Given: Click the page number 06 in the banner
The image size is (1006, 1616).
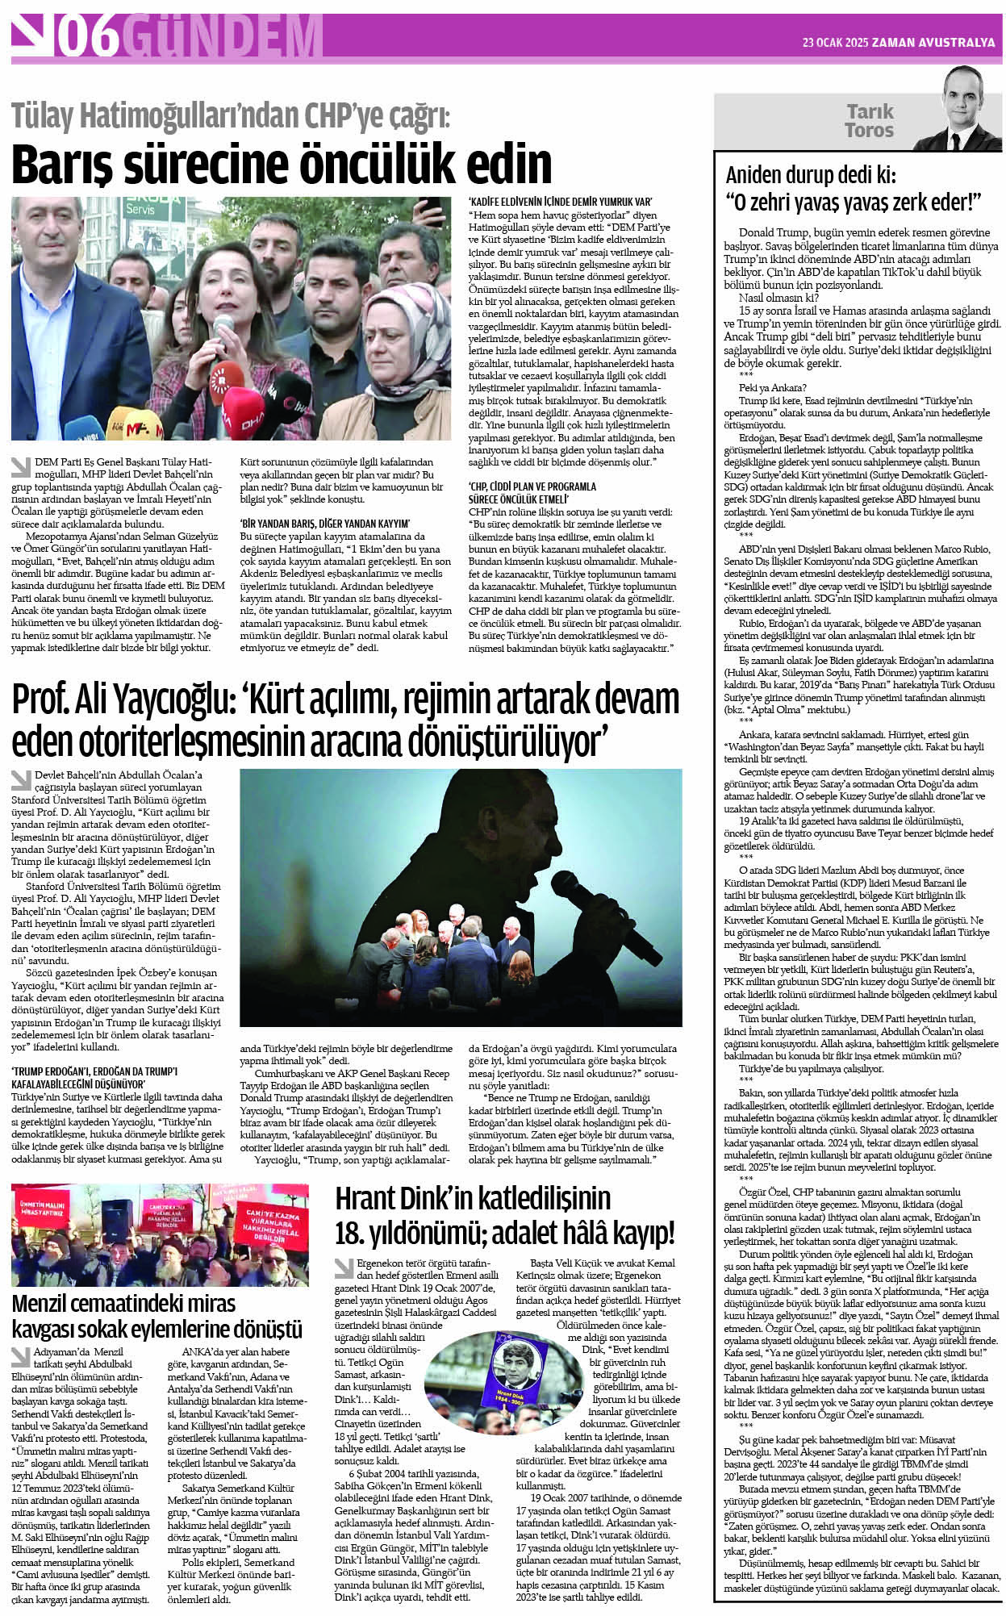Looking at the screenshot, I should [91, 37].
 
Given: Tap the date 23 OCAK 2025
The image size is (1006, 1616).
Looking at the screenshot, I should [834, 43].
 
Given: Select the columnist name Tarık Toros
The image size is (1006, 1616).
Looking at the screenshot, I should [869, 121].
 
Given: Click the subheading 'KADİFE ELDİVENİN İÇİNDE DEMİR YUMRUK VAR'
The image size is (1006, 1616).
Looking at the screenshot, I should [561, 202].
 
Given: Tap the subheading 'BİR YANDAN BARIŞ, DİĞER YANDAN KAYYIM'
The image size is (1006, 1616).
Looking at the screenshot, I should [325, 524].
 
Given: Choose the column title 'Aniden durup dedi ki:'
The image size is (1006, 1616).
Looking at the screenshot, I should [811, 175].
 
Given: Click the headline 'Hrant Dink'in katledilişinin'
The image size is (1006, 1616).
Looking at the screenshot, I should [473, 1197].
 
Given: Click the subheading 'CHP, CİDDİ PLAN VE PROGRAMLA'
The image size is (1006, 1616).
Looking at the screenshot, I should [532, 486].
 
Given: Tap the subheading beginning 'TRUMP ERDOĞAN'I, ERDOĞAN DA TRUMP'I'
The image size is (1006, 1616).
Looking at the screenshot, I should [94, 1071].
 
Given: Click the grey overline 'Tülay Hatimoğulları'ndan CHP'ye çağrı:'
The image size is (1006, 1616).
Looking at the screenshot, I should [231, 116].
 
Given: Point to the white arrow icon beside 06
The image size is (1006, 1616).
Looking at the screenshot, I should [31, 36].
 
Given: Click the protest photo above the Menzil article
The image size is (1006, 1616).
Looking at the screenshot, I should [160, 1234].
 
